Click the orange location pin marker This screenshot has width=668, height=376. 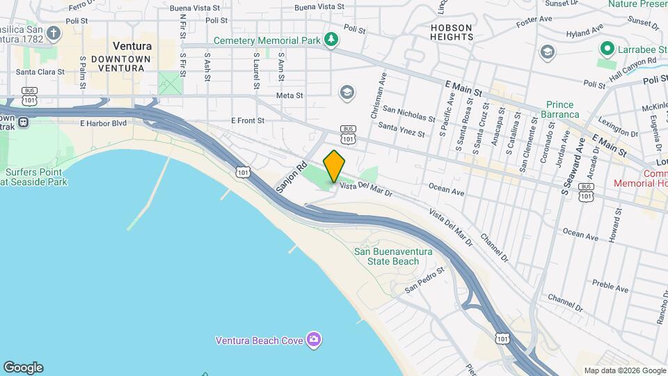coord(334,165)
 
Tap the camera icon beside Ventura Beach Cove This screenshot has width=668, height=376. coord(315,340)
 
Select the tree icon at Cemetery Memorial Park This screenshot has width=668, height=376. coord(332,40)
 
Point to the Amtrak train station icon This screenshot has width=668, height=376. coord(24,122)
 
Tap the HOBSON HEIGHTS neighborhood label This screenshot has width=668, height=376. coord(451,32)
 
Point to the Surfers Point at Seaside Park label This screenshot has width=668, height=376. coord(35,177)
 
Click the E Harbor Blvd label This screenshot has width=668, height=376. coord(103,123)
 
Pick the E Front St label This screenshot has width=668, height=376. coord(248,120)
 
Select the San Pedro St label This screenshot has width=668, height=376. coord(425,279)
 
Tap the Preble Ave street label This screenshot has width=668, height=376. coord(612,285)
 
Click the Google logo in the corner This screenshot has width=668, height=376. coord(23,367)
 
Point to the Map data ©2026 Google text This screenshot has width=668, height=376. coord(624,370)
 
